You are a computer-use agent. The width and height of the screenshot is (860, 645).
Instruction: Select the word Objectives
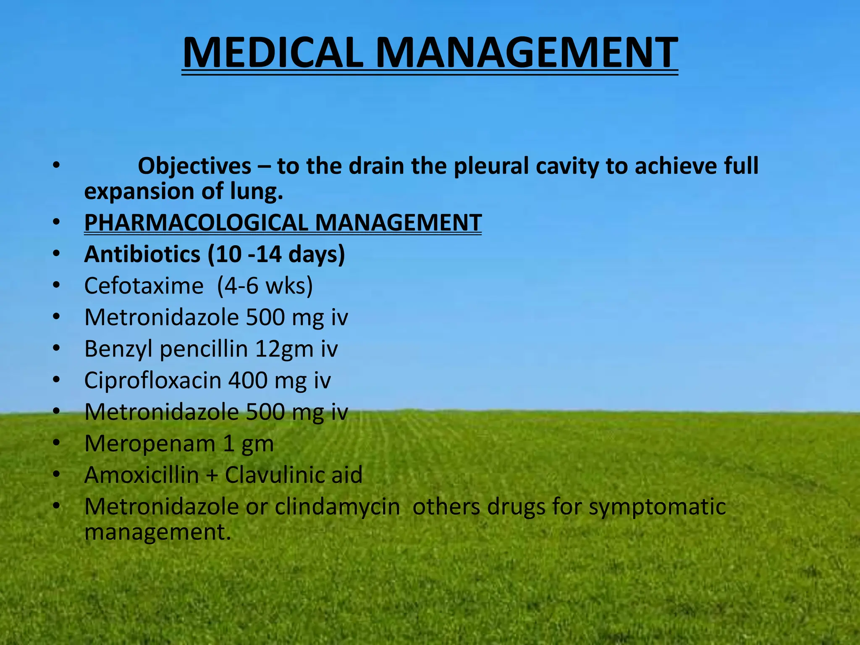(x=194, y=166)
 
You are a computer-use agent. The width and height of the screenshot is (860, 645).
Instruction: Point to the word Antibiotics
(x=142, y=254)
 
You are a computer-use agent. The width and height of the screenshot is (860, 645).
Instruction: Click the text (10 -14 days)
(x=276, y=254)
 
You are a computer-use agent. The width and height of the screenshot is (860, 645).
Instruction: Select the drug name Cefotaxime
(x=144, y=286)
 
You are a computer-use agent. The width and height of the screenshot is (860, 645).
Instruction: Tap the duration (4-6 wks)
(x=265, y=286)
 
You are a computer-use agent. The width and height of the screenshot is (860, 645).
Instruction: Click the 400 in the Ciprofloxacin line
(x=248, y=380)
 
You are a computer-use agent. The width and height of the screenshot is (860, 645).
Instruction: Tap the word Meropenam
(x=149, y=443)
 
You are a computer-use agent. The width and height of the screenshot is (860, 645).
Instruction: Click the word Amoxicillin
(x=142, y=475)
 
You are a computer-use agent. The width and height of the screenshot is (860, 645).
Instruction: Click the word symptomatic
(x=657, y=507)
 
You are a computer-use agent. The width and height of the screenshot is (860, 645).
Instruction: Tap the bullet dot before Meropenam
(x=57, y=443)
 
